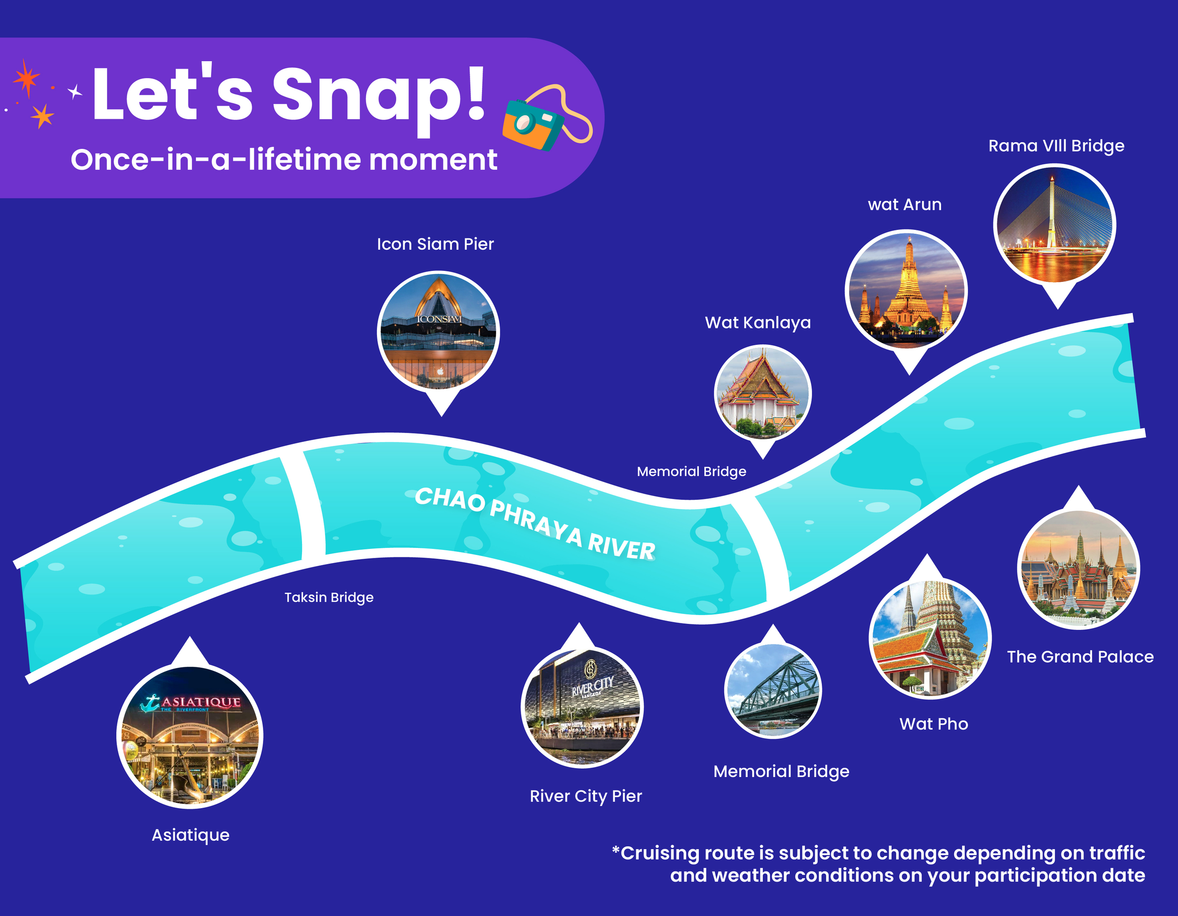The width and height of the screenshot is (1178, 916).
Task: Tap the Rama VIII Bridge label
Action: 1056,146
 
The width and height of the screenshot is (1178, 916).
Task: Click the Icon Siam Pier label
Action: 435,244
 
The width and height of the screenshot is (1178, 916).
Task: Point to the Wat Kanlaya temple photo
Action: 763,393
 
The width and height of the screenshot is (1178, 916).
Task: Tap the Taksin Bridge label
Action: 329,597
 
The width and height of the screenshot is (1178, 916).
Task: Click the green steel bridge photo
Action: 773,690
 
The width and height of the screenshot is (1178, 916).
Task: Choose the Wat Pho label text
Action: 933,724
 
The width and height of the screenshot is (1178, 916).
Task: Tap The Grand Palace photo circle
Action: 1078,569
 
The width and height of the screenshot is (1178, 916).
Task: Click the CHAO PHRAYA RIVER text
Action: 535,524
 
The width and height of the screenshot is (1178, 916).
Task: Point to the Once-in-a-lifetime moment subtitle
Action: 284,160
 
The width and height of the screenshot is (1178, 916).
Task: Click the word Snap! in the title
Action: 379,96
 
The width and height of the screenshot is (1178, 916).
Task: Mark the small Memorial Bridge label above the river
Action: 691,472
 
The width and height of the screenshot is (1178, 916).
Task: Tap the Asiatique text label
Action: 190,835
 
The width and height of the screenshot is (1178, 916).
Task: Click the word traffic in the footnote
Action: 1117,853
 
